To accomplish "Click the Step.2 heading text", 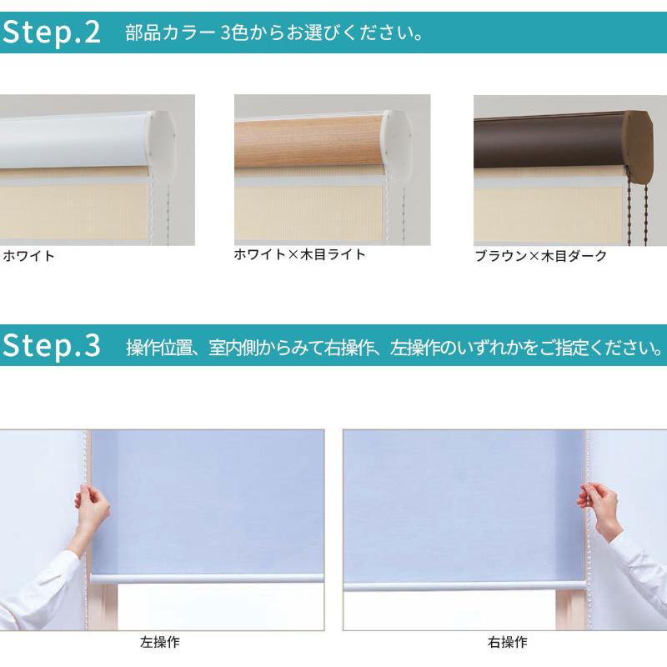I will [x=52, y=33].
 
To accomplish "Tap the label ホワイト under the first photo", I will [x=29, y=256].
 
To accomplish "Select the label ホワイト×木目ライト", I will [x=300, y=255].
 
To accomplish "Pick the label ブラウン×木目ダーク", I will [x=540, y=256].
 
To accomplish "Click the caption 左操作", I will [x=159, y=643].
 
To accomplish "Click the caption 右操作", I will [x=507, y=643].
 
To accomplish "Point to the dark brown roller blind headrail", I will [x=546, y=142].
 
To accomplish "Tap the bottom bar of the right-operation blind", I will [x=463, y=585].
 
